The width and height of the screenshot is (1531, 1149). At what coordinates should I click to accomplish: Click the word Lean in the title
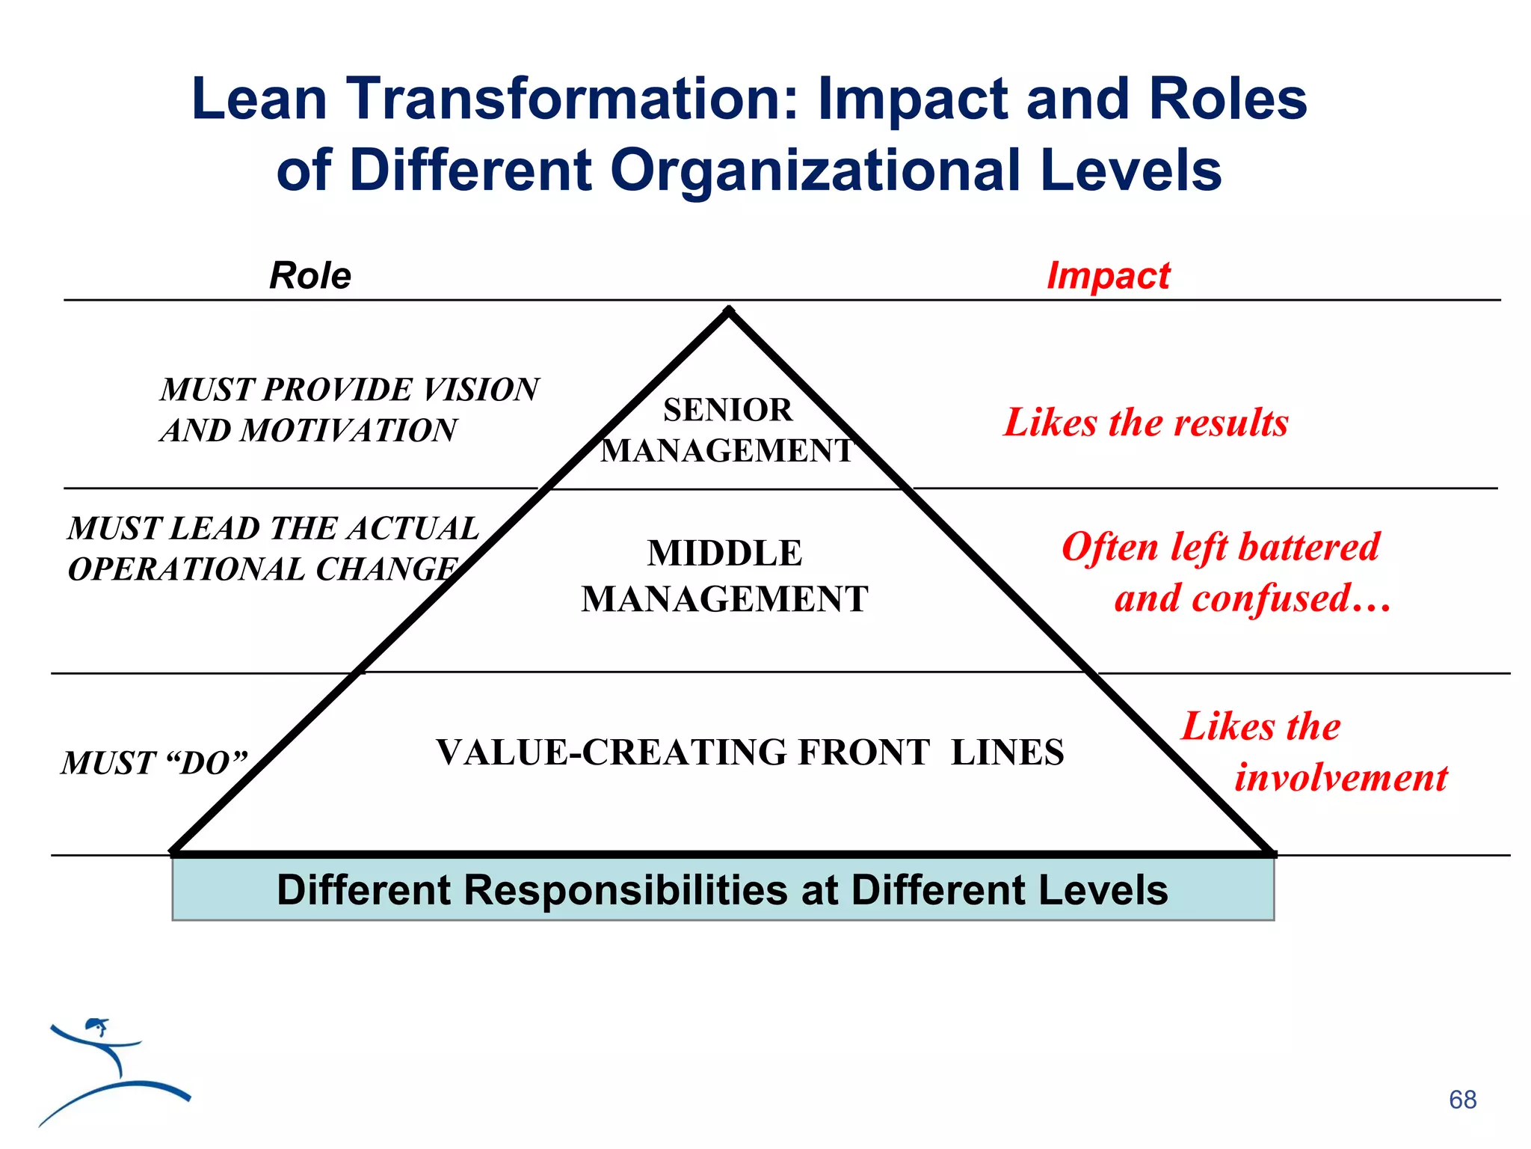259,99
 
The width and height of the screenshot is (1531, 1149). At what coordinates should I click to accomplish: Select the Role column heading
310,275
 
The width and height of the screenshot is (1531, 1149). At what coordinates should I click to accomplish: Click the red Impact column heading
1108,275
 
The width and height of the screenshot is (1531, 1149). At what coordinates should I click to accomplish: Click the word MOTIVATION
348,431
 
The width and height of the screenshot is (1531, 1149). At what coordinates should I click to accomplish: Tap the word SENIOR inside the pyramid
727,410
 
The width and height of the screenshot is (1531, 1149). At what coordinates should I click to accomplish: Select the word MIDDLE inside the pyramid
724,554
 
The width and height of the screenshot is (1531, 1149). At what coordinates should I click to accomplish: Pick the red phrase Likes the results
1146,423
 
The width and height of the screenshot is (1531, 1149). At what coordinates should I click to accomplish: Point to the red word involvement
1341,777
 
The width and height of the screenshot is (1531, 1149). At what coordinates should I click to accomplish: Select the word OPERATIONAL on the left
187,570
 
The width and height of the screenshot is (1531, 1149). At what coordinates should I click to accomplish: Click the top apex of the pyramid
729,311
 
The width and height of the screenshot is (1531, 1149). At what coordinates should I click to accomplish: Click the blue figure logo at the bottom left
112,1070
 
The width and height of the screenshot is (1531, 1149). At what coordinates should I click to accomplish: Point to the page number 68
1462,1100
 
